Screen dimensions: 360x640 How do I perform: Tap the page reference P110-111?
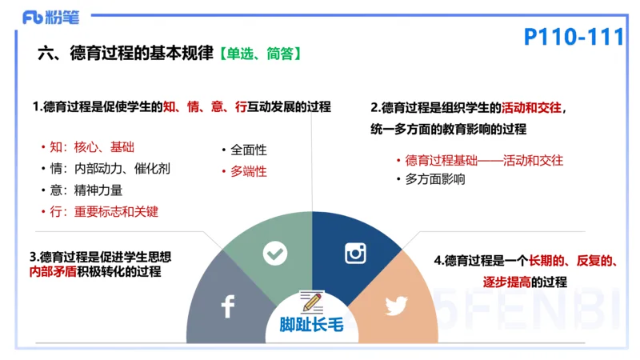pos(573,37)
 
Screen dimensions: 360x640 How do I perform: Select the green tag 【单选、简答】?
pos(259,54)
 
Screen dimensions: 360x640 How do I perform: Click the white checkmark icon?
pos(275,254)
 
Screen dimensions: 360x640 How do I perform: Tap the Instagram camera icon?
pos(355,254)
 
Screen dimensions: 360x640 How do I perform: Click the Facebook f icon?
pos(227,306)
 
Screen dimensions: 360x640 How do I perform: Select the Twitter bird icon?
pos(396,306)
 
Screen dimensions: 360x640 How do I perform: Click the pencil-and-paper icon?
pos(310,302)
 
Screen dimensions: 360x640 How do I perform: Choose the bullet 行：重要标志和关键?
pos(104,212)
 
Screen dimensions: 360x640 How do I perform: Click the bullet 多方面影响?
pos(435,179)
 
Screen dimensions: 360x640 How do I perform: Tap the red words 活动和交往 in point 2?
pos(531,107)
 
